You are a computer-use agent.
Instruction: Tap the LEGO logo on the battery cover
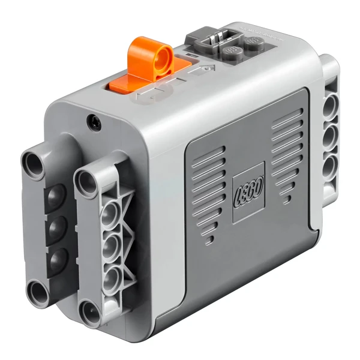pos(248,192)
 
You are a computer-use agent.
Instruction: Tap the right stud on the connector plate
pos(254,42)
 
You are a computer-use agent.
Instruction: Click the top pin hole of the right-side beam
pos(331,107)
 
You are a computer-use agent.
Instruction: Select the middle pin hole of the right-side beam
pos(330,136)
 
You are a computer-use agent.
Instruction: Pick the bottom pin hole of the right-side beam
pos(329,166)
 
